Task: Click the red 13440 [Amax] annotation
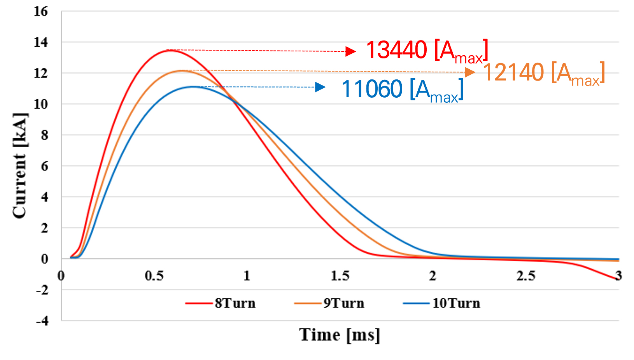[x=426, y=51]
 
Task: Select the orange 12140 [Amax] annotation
[x=544, y=73]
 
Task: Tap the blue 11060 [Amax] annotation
[x=402, y=90]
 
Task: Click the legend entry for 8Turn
[x=221, y=303]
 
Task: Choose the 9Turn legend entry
[x=329, y=303]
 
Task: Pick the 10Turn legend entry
[x=442, y=303]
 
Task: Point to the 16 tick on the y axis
[x=41, y=12]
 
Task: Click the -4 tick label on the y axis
[x=42, y=321]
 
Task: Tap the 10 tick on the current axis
[x=41, y=104]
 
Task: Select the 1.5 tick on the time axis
[x=340, y=276]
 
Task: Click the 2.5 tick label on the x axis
[x=526, y=276]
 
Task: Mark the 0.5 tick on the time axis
[x=154, y=276]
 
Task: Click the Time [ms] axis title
[x=340, y=335]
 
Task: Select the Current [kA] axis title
[x=19, y=166]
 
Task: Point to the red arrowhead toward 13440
[x=351, y=51]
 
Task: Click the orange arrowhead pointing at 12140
[x=470, y=72]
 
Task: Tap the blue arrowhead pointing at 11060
[x=320, y=87]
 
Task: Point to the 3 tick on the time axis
[x=618, y=276]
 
